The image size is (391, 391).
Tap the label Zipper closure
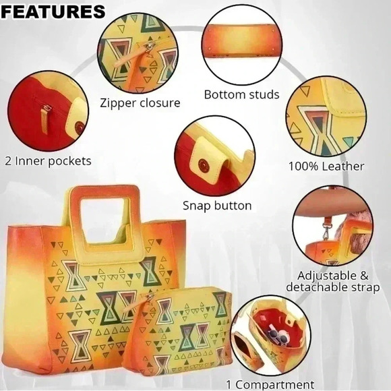140,103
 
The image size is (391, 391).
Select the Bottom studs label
241,94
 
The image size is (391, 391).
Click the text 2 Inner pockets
48,161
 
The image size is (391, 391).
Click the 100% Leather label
326,166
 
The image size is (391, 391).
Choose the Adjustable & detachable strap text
332,281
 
